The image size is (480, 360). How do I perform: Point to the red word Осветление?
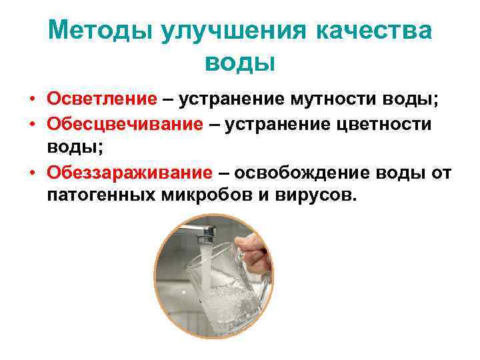tap(102, 99)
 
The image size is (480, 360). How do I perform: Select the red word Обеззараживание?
tap(130, 173)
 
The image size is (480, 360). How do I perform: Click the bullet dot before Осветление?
tap(32, 100)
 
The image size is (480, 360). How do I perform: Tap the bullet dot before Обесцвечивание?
tap(32, 125)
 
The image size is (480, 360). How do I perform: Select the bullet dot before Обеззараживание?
tap(32, 174)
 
